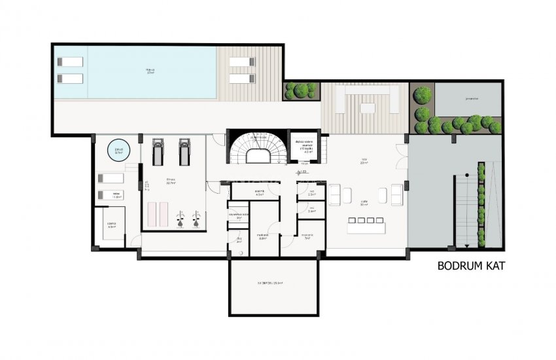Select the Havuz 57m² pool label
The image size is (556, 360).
point(150,73)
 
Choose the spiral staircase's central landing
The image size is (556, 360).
point(257,158)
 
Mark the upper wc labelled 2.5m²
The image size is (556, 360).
point(311,192)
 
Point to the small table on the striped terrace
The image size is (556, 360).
point(367,108)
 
